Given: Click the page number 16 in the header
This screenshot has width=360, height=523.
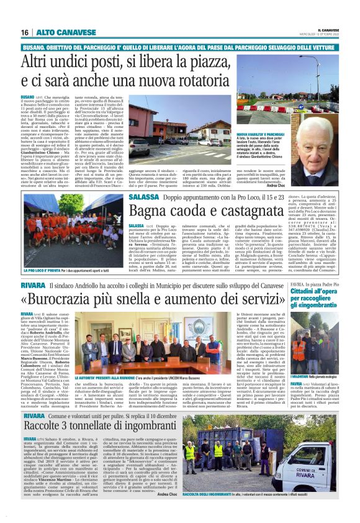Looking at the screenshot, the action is tap(24, 32).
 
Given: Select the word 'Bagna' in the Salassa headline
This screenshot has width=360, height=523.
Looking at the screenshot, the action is tap(151, 212).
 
